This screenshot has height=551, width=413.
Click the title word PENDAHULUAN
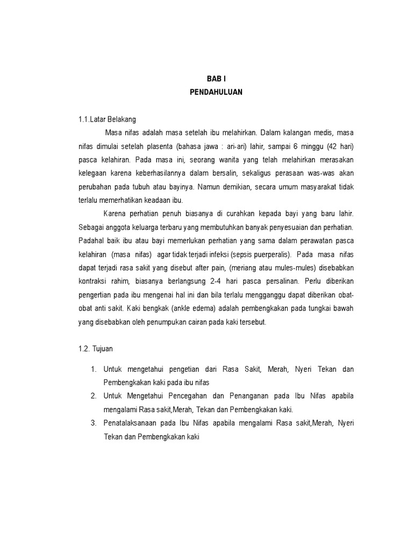216,92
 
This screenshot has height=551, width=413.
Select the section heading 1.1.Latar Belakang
107,119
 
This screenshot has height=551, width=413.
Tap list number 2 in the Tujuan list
93,396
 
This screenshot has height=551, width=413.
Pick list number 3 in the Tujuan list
93,423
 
